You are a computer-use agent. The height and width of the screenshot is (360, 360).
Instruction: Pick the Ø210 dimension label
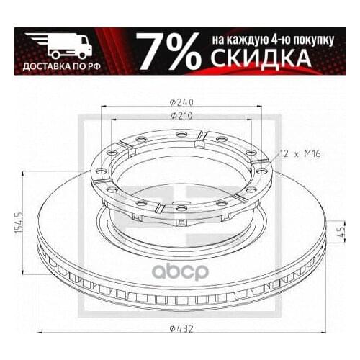pyautogui.click(x=180, y=114)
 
